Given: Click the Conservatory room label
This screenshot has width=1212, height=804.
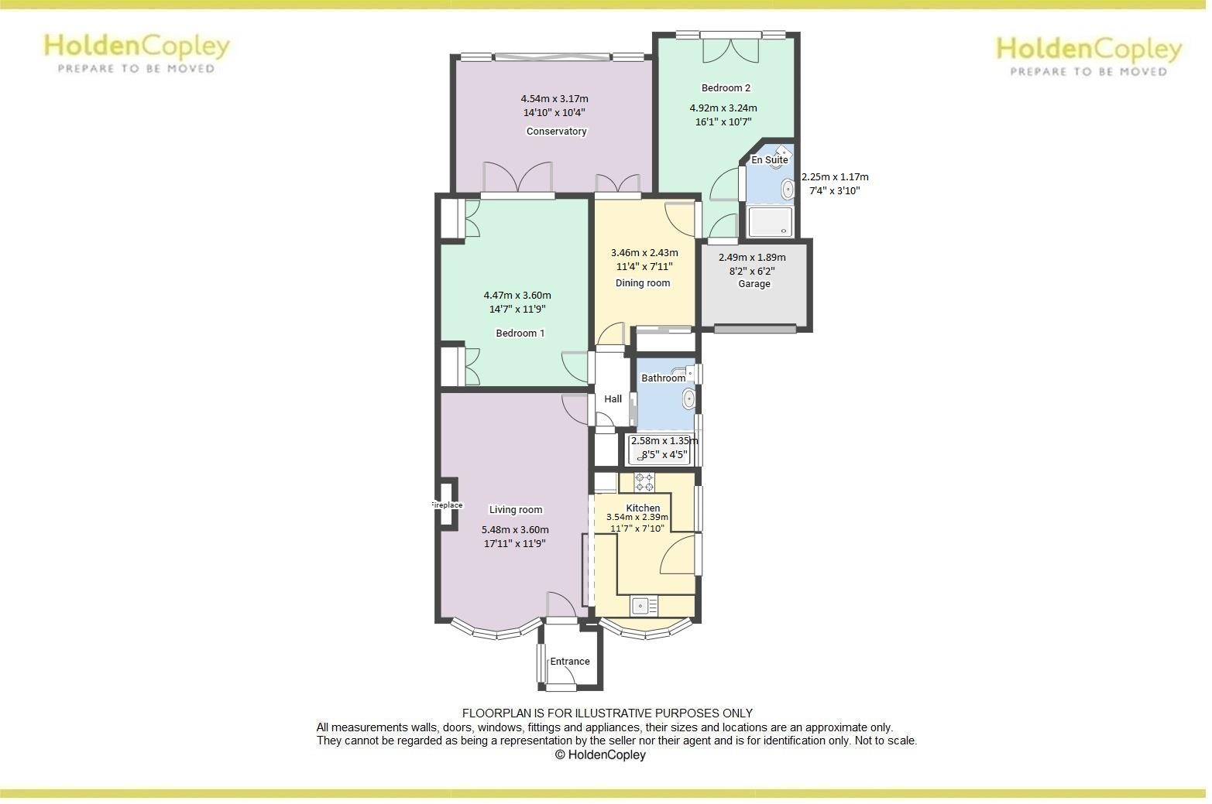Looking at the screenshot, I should point(556,132).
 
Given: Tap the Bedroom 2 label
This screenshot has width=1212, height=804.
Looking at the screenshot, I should point(726,88).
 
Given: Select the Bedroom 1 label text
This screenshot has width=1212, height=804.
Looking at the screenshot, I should point(520,334).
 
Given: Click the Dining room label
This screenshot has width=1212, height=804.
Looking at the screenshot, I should point(643,283).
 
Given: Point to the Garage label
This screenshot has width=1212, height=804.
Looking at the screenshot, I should point(754,284).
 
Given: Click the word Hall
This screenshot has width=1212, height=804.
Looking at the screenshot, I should point(613,399).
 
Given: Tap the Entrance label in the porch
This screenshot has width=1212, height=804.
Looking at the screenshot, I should point(570,662).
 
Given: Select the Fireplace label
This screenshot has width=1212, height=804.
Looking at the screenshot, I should point(446,505).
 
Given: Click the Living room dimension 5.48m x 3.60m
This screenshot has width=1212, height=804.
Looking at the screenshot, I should point(515,530).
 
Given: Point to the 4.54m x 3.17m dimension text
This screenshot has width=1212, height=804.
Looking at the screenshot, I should point(554,99).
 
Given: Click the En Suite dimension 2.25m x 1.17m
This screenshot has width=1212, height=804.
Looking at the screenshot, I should point(835,177).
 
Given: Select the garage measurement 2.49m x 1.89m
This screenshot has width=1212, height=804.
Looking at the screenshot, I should point(752,258).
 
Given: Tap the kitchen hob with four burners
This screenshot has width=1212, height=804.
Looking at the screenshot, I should point(644,482).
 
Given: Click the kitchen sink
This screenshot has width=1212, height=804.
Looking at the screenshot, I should point(644,605).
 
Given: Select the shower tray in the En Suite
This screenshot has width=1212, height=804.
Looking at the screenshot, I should point(770,222).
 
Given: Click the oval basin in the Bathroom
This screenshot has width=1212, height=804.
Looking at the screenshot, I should point(687,399).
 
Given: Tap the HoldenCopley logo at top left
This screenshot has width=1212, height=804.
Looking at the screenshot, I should point(136,52).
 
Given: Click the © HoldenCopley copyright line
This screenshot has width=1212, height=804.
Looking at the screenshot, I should point(600,755).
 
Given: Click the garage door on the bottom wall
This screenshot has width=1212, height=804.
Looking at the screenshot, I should point(754,330).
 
